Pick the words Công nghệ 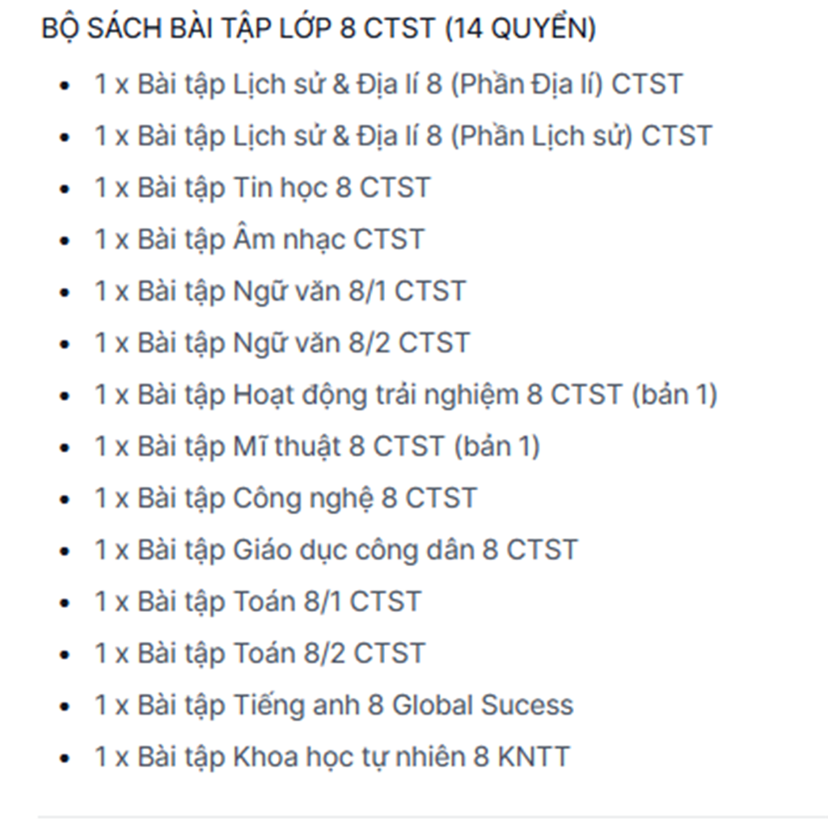(302, 498)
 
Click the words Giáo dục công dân (353, 550)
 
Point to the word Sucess (527, 705)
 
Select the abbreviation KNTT (534, 757)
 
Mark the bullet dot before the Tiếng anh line (65, 707)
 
